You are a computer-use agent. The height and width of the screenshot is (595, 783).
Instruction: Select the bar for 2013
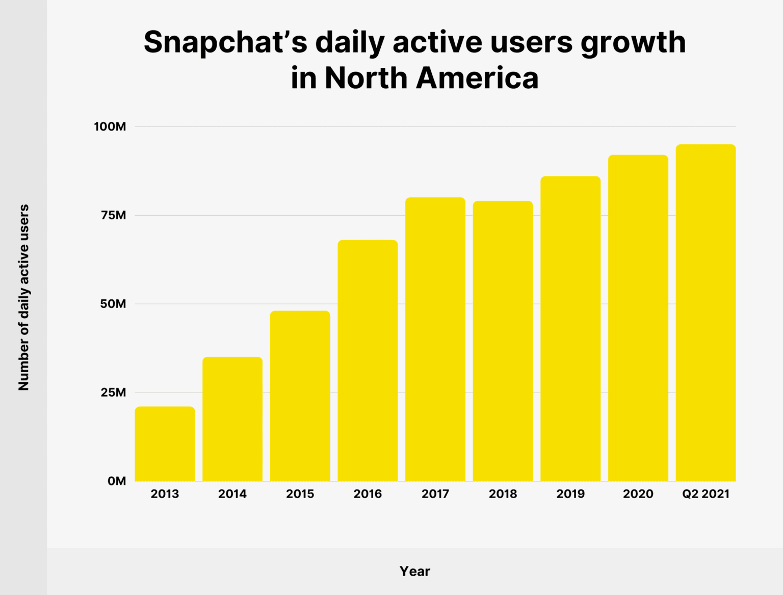[165, 444]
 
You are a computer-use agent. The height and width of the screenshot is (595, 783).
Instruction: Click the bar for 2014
[232, 419]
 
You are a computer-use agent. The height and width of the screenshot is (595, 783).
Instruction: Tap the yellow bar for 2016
[368, 360]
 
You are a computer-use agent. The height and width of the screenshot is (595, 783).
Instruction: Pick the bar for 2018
[503, 341]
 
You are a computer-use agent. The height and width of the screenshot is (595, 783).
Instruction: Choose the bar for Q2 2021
[706, 313]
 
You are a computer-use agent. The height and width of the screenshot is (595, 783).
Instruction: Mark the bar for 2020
[638, 318]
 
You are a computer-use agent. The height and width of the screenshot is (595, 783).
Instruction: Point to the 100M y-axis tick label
[110, 126]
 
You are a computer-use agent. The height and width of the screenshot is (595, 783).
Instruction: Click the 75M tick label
[113, 215]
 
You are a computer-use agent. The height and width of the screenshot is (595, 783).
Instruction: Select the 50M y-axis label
[113, 304]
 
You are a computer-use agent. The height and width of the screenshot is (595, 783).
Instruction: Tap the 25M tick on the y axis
[113, 393]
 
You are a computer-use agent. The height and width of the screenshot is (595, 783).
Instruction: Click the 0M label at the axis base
[117, 481]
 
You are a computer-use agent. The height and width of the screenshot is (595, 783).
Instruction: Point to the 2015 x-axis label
[300, 494]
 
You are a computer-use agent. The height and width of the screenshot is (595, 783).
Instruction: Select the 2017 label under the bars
[435, 494]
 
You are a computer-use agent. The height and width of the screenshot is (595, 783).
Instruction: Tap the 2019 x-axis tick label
[570, 494]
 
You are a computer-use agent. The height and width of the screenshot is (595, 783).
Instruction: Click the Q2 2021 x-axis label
[706, 494]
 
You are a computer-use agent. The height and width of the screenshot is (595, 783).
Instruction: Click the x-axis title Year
[414, 571]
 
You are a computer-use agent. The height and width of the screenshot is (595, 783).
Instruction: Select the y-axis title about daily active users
[24, 298]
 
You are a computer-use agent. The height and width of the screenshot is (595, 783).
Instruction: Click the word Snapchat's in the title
[225, 42]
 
